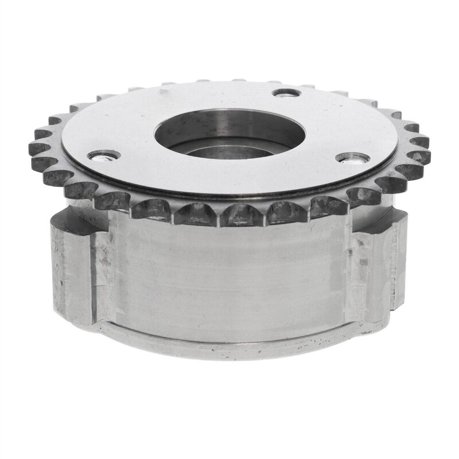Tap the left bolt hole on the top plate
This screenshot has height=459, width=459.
click(103, 155)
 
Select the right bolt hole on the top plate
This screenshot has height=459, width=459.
click(352, 157)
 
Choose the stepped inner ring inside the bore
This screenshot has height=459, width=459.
click(229, 153)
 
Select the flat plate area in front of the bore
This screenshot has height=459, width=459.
click(229, 178)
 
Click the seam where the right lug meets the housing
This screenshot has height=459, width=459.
click(348, 270)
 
